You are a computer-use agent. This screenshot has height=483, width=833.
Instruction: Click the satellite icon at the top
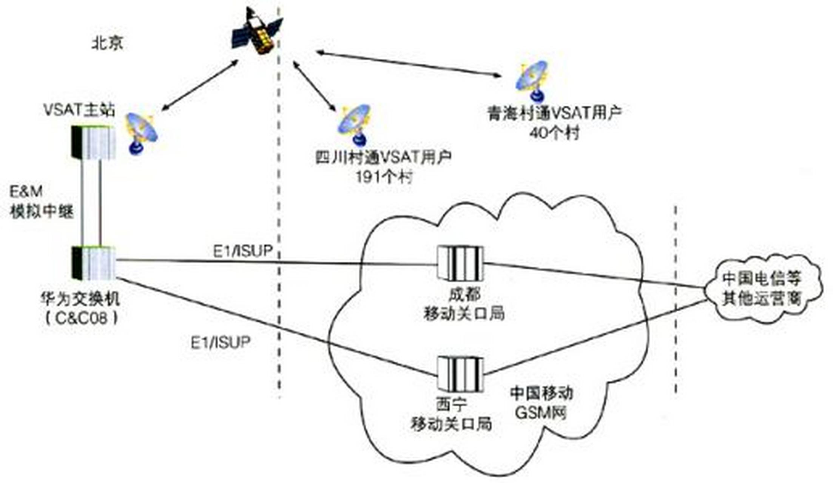(258, 31)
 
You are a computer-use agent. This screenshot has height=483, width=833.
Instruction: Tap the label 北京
(108, 44)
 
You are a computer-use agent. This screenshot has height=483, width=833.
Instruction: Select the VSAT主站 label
(79, 110)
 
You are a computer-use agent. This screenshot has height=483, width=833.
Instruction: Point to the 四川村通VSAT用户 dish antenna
(354, 125)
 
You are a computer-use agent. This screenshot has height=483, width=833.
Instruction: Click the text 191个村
(384, 177)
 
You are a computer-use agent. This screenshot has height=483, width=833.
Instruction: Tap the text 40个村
(554, 133)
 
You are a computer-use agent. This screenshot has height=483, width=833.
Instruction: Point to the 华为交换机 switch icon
(94, 263)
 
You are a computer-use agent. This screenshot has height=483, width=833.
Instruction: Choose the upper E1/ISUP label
(242, 251)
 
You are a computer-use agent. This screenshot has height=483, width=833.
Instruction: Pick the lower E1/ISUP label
(221, 342)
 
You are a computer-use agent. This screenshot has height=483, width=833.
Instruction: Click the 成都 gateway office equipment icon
(460, 263)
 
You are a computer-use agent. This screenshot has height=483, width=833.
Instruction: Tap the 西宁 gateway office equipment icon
(460, 374)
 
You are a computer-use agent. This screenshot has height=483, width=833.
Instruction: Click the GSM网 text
(541, 413)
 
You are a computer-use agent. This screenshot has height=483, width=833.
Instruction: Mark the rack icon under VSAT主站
(94, 142)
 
